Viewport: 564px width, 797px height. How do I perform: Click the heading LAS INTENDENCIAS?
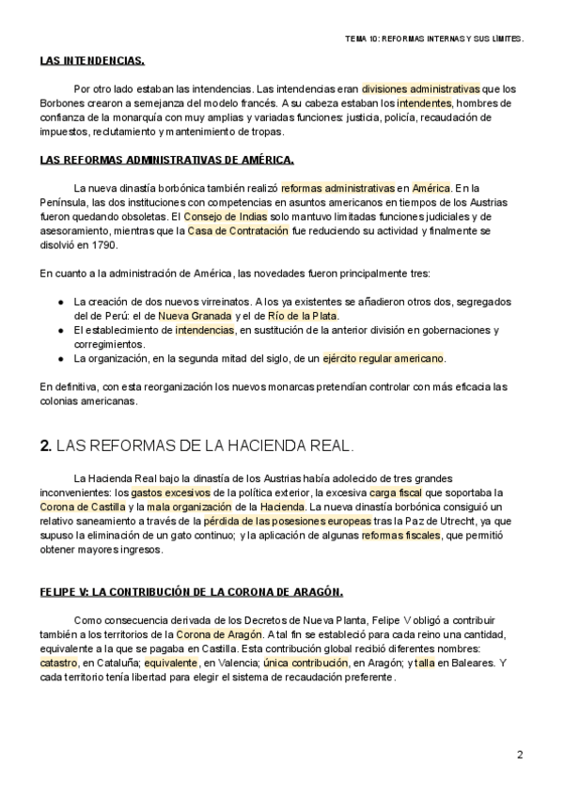click(92, 61)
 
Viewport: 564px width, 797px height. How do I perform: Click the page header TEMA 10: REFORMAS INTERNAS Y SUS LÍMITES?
click(434, 39)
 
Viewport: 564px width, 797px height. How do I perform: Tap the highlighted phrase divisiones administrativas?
click(420, 87)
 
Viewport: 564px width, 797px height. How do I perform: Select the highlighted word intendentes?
click(424, 102)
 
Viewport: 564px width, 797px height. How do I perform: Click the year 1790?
click(103, 245)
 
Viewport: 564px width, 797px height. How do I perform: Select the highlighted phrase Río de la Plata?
click(301, 316)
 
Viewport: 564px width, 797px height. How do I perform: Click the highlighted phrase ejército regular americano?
click(383, 359)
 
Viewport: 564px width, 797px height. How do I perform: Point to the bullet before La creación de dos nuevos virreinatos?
click(61, 302)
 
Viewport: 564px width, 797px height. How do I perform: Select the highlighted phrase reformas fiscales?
click(400, 535)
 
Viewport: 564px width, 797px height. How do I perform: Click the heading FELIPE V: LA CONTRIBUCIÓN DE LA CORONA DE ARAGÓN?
click(192, 592)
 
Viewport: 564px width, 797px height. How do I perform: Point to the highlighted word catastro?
click(59, 663)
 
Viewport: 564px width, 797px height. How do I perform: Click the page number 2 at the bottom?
click(520, 755)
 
